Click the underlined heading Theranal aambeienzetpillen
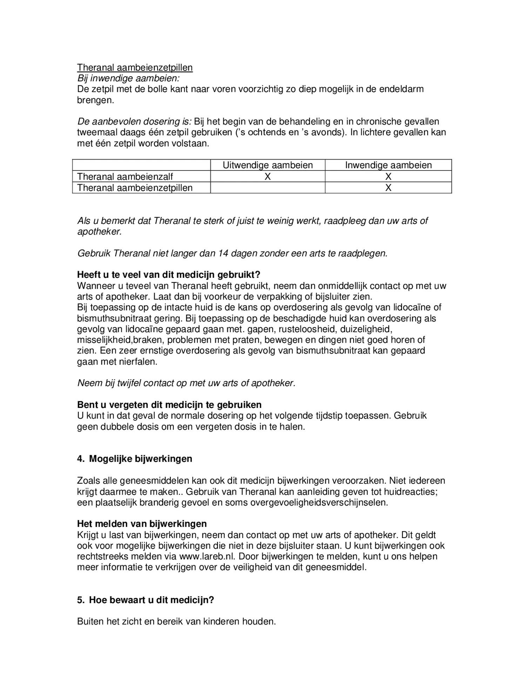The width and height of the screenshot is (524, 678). tap(135, 67)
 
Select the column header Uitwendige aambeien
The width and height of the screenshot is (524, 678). tap(268, 165)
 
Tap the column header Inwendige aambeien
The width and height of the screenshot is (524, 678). tap(388, 165)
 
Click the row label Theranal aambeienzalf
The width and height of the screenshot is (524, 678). tap(125, 176)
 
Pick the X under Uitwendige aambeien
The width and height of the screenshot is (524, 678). tap(268, 176)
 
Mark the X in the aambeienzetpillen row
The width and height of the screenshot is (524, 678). tap(388, 188)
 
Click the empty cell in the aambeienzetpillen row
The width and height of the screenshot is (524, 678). tap(268, 188)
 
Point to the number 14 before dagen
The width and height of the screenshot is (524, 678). tap(223, 253)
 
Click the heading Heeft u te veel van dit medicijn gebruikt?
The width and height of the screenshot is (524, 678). tap(169, 275)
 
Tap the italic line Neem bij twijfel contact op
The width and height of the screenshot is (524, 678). tap(186, 383)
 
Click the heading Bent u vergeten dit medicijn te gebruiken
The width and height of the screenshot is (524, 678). tap(169, 405)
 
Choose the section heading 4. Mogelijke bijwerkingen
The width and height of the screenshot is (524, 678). tap(135, 459)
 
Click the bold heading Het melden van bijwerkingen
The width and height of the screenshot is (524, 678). tap(142, 524)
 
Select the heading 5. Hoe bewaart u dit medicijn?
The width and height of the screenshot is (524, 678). tap(146, 600)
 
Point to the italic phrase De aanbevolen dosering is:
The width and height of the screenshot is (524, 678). tap(134, 122)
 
